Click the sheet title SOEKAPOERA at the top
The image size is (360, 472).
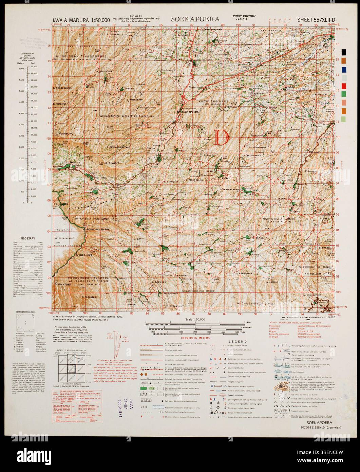[x=195, y=19]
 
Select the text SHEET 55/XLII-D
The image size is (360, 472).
[x=316, y=20]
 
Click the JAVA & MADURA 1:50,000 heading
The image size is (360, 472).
[x=80, y=20]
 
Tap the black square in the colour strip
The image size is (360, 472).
[x=344, y=52]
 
